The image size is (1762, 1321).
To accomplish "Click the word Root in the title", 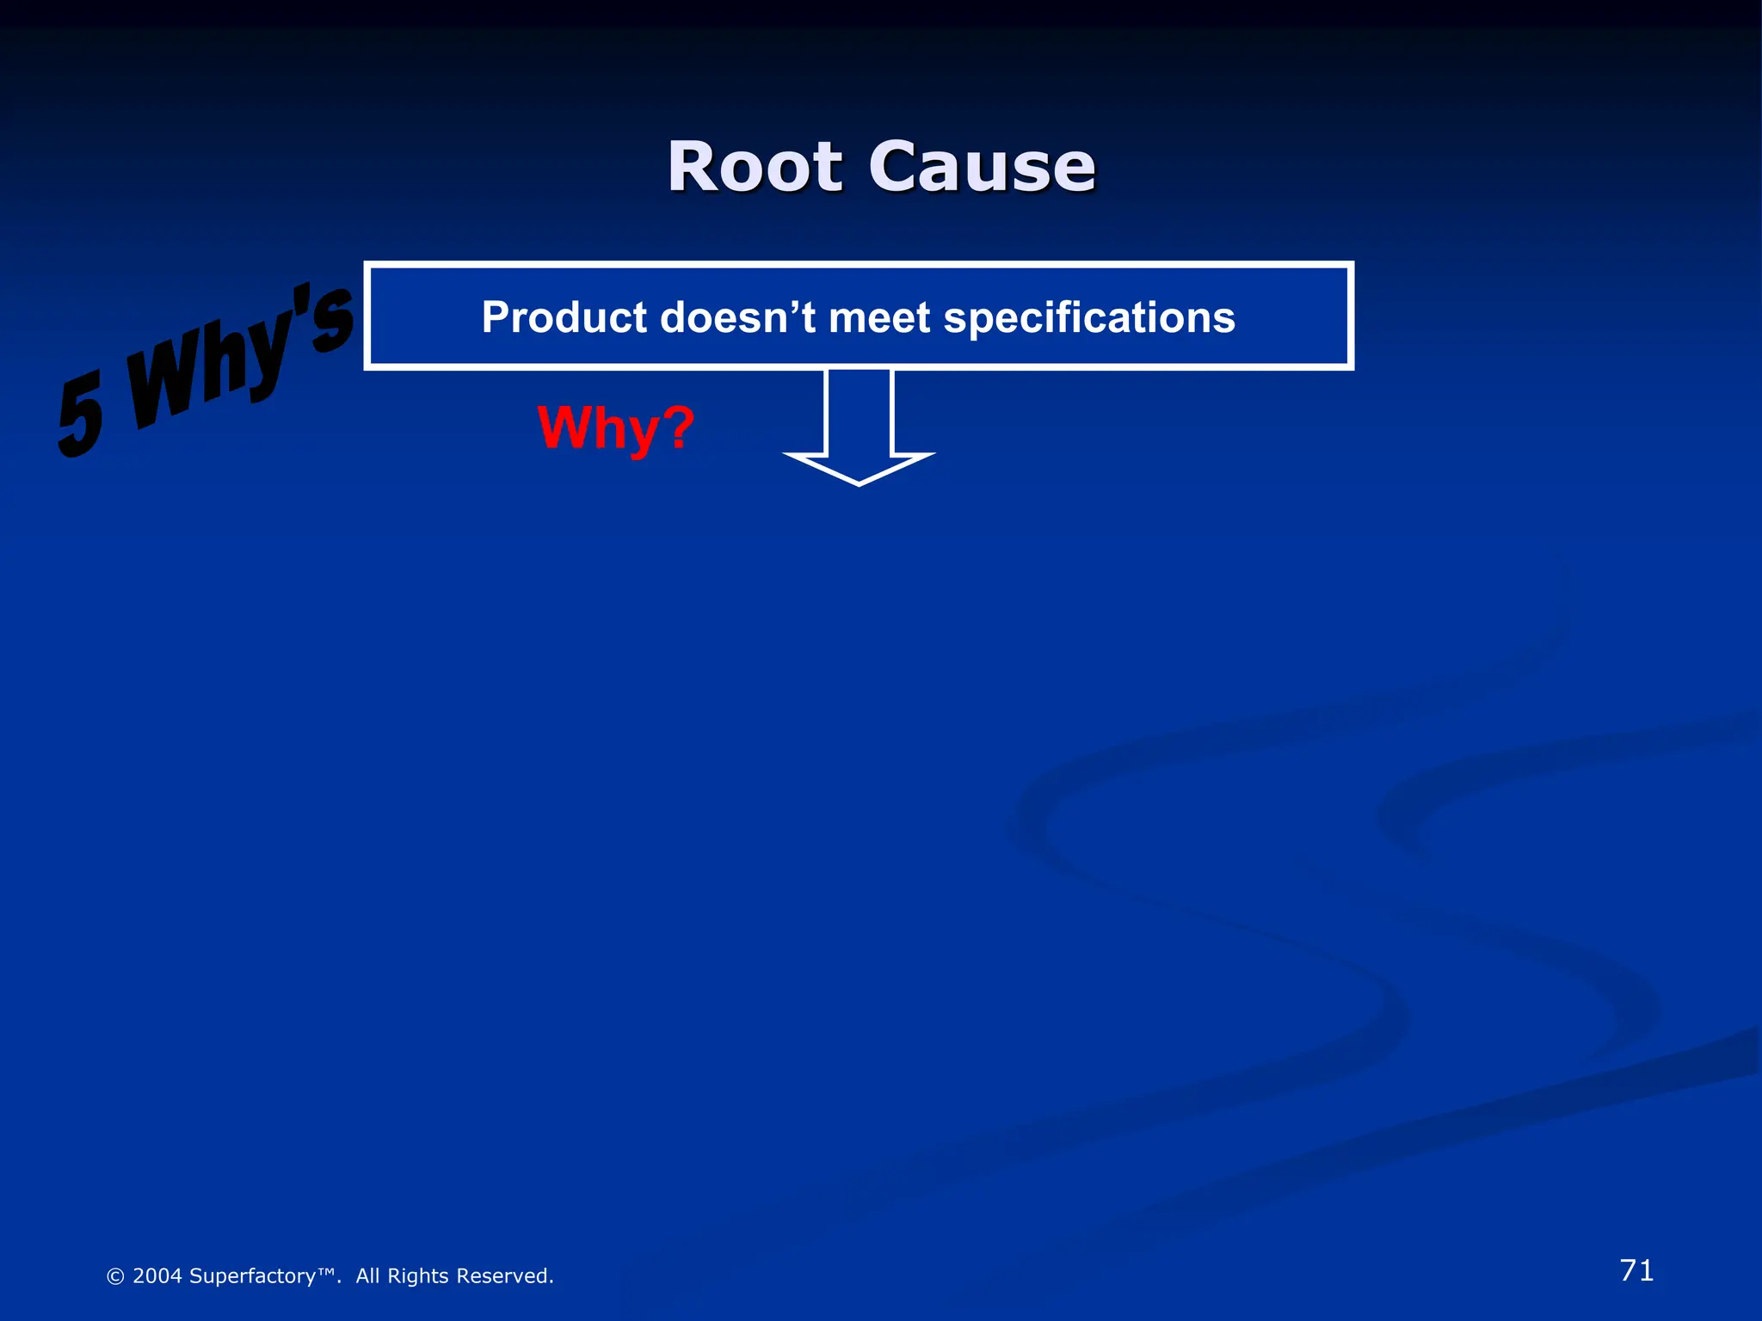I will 755,167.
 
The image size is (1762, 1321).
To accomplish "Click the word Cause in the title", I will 982,167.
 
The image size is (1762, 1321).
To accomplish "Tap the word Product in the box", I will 564,317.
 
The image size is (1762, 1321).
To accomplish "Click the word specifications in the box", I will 1089,317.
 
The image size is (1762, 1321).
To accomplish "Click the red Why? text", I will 615,427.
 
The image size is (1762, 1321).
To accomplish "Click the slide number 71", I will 1636,1270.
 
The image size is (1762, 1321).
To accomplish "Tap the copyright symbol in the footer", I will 115,1276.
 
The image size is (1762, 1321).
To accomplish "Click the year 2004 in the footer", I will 157,1276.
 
